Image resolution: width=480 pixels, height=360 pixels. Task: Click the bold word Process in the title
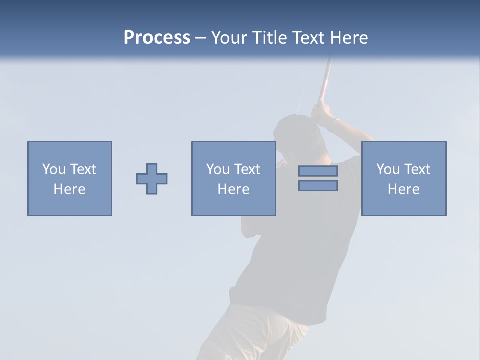pyautogui.click(x=157, y=38)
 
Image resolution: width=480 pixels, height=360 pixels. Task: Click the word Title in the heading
pyautogui.click(x=269, y=38)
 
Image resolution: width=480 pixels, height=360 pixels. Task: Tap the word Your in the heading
pyautogui.click(x=230, y=38)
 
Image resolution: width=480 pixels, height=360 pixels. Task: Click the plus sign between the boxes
pyautogui.click(x=152, y=179)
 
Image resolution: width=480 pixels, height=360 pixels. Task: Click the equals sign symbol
pyautogui.click(x=318, y=178)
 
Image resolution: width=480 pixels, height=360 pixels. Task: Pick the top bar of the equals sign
pyautogui.click(x=318, y=171)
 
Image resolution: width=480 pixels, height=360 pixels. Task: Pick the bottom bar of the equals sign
pyautogui.click(x=318, y=186)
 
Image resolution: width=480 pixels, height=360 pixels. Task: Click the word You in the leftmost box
pyautogui.click(x=54, y=169)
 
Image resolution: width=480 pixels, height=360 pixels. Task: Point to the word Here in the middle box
pyautogui.click(x=234, y=189)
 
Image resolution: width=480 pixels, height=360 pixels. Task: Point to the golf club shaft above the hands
pyautogui.click(x=325, y=80)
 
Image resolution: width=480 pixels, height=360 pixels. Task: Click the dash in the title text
pyautogui.click(x=201, y=38)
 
